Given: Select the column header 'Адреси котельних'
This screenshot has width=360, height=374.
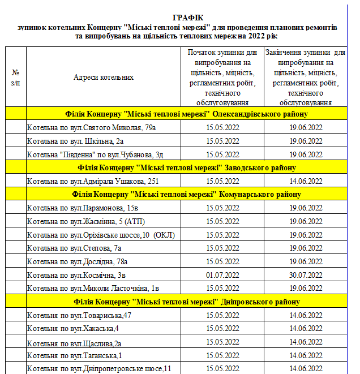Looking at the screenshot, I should (x=104, y=77).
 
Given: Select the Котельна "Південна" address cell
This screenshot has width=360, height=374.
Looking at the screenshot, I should (x=96, y=154).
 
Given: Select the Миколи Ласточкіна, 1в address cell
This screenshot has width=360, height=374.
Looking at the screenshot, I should (x=93, y=288).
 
